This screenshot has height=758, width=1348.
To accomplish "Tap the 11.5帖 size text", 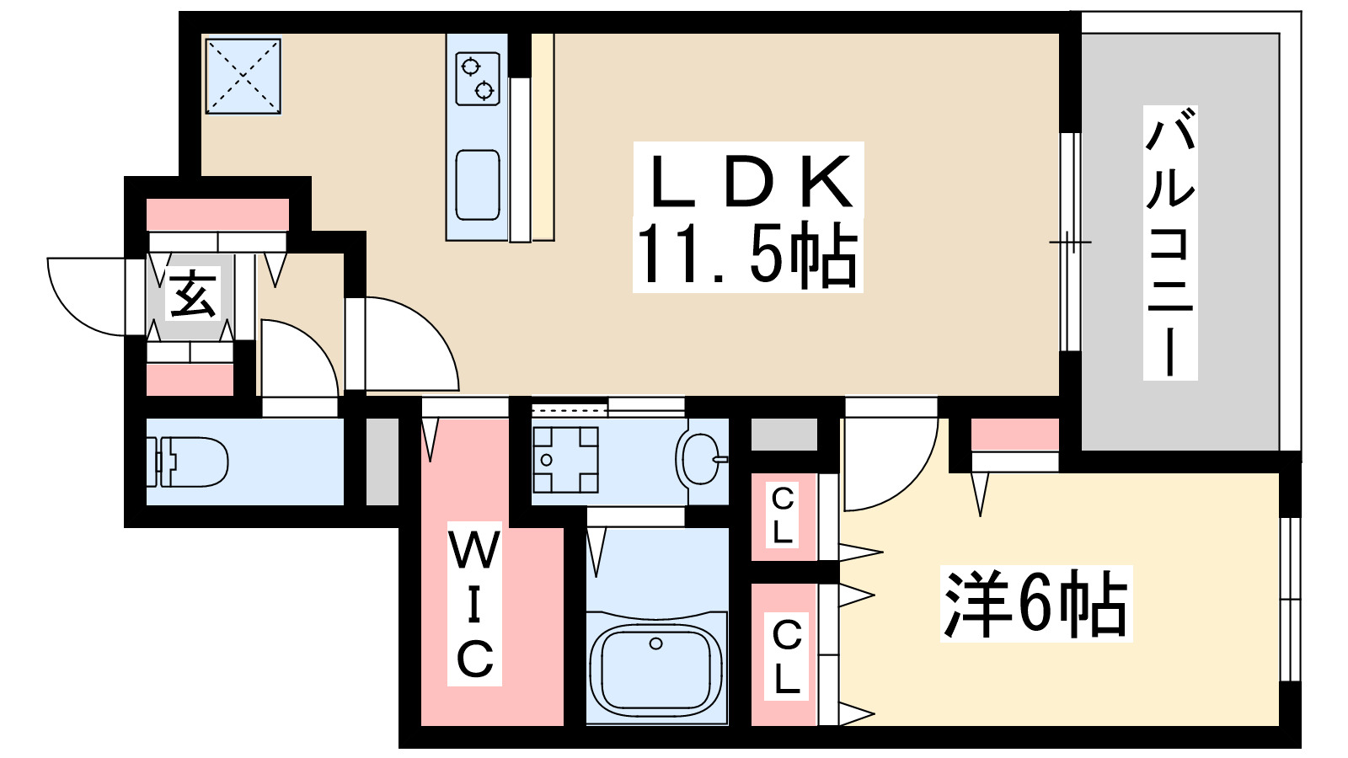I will coord(747,254).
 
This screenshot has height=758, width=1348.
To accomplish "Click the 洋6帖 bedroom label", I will coord(1035,605).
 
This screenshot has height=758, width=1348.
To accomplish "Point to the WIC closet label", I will coord(474,605).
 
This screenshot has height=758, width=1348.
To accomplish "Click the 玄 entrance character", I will coord(193,295).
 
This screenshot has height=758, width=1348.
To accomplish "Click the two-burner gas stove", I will coord(477,77).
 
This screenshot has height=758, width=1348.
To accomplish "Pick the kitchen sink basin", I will coord(477,184).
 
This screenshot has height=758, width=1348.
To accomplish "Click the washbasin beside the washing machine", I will coord(699,459).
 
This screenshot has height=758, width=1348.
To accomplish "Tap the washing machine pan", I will coord(565,460).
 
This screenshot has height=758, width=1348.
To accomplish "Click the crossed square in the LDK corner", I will coord(243,76).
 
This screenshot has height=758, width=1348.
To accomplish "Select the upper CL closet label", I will coord(783,516).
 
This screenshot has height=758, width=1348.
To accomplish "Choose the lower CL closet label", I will coord(786,656).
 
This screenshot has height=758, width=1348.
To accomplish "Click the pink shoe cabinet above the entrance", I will coord(217,215).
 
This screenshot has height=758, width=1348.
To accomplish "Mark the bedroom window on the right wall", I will coord(1289,599).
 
